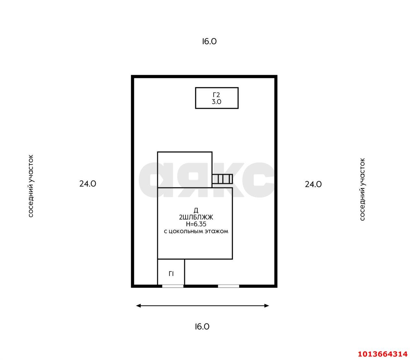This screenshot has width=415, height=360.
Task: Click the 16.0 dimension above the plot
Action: (209, 42)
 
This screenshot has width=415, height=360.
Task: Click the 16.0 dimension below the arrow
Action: (202, 327)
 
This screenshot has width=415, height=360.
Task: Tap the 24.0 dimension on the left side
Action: (88, 184)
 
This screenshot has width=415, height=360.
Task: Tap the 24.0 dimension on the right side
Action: (313, 184)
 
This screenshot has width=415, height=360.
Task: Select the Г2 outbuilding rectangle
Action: (217, 98)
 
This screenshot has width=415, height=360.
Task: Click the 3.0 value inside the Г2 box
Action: (217, 102)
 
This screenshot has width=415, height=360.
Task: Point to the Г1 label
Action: (171, 274)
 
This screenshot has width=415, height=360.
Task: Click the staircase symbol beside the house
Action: (222, 179)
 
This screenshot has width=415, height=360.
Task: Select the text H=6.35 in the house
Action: (196, 224)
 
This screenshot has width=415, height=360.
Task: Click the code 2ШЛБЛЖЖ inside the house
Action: (196, 217)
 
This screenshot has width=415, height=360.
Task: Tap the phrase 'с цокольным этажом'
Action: (196, 232)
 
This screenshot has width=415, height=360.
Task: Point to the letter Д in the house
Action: (196, 210)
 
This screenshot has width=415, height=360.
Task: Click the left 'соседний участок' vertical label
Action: (31, 186)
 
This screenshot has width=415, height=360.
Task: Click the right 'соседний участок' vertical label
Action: (362, 189)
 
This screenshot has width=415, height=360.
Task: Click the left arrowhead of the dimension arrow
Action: (138, 306)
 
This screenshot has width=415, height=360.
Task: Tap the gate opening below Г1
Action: (173, 286)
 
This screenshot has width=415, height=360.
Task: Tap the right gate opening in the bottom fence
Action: (229, 286)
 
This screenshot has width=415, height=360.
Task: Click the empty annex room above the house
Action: (184, 169)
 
